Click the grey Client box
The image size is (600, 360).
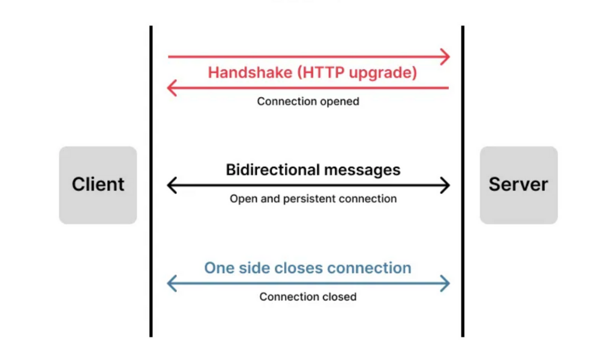[98, 185]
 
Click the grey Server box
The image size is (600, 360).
[518, 185]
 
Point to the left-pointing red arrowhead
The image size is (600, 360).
[172, 89]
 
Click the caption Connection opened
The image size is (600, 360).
[308, 101]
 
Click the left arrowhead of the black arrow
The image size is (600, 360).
[172, 185]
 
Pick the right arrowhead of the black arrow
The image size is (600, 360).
[445, 185]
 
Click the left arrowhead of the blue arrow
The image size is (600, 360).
[172, 283]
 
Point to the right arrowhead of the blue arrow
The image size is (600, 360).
[445, 283]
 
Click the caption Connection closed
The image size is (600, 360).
[308, 296]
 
